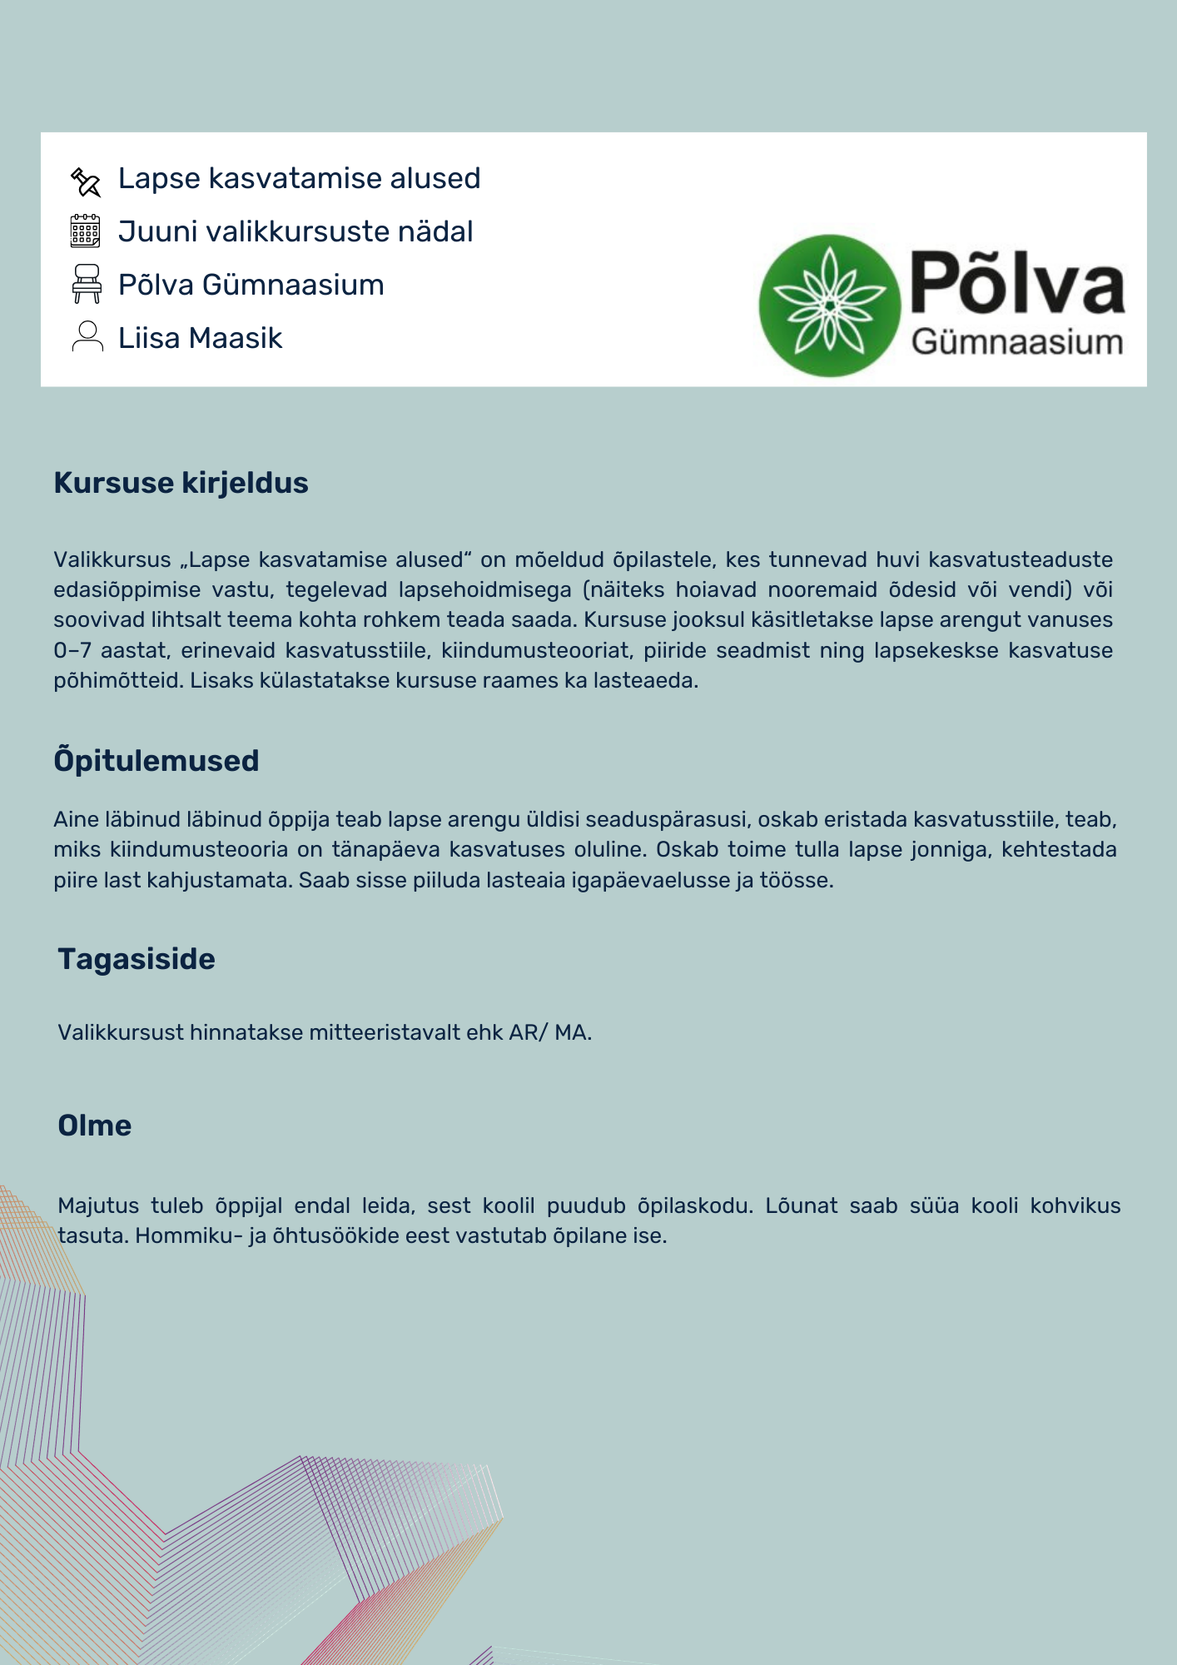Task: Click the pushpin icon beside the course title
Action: (86, 181)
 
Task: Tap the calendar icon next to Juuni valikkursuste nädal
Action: (85, 231)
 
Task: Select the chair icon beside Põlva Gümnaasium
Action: (87, 284)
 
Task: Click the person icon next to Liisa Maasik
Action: (87, 336)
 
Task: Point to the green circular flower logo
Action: (829, 306)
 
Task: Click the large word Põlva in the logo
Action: (1017, 284)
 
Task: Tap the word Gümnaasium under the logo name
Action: (1017, 342)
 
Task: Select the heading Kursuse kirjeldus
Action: (181, 483)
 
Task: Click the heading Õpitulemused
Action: (156, 761)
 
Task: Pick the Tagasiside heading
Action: (137, 959)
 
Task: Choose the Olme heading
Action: (95, 1126)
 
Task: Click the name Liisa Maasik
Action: (200, 338)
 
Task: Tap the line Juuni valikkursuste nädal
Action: (295, 231)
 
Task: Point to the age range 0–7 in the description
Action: (72, 650)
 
